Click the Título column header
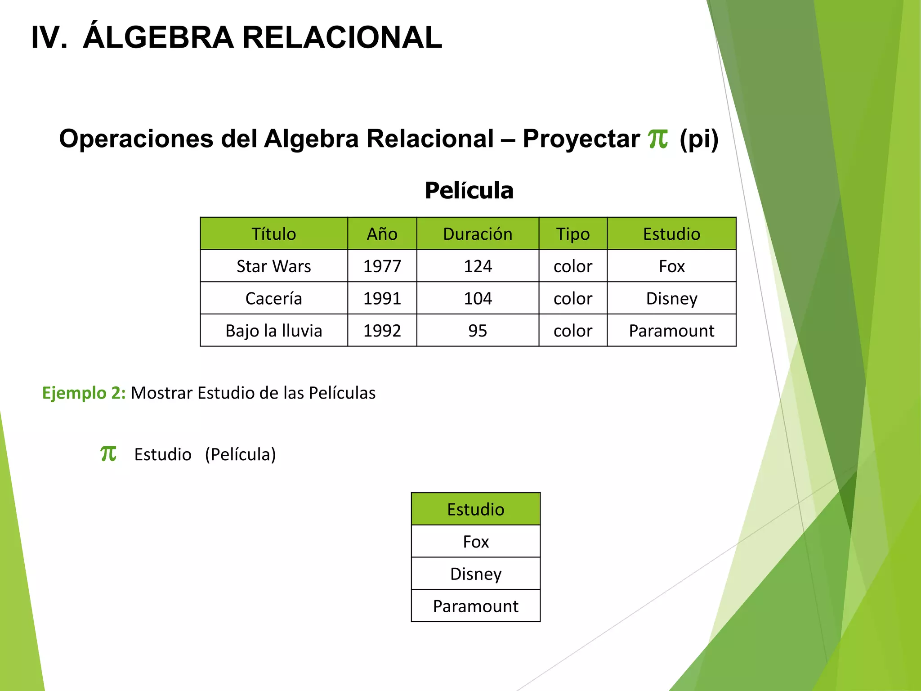pos(273,234)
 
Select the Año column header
pos(382,234)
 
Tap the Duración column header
pos(478,234)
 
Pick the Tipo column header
pos(572,234)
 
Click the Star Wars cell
pos(273,266)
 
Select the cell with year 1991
pos(382,299)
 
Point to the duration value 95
pos(478,331)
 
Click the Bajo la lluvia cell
pos(273,331)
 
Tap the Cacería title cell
pos(273,299)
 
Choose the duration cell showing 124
pos(478,266)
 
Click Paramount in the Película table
pos(671,331)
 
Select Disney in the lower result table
pos(476,574)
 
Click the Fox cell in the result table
pos(476,542)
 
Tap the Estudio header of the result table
pos(476,509)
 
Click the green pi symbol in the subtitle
pos(658,139)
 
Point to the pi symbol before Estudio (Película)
pos(108,453)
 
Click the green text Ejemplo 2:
pos(84,393)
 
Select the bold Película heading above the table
pos(469,190)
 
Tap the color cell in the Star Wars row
pos(572,266)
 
